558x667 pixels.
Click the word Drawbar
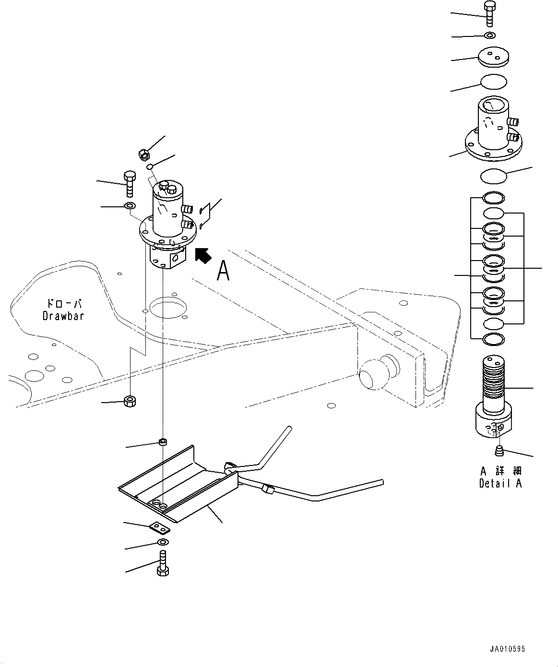(x=63, y=316)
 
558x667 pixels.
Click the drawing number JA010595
(x=507, y=649)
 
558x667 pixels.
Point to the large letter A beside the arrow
(x=223, y=271)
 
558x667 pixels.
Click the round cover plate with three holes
(x=493, y=57)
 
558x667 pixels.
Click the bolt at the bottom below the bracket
(x=162, y=563)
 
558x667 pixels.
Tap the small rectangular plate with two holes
(x=159, y=527)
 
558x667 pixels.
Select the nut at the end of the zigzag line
(x=129, y=400)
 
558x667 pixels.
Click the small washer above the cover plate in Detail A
(x=490, y=35)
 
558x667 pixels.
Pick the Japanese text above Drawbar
(x=63, y=304)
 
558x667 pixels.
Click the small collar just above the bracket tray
(x=163, y=441)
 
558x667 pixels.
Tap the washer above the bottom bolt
(x=162, y=543)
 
